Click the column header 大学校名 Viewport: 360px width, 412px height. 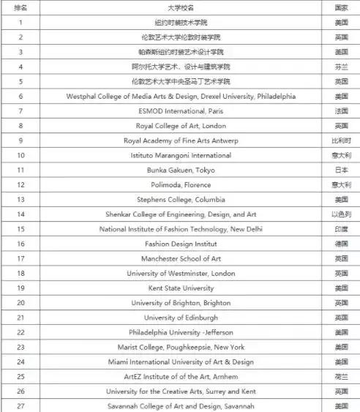179,7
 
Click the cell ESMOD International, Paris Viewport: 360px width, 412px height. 180,111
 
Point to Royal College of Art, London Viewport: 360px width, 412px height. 180,125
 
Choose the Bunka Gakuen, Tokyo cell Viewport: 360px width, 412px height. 180,170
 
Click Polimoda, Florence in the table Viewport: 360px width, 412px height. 180,184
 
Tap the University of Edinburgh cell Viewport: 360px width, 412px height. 180,318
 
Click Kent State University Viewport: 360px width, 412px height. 180,288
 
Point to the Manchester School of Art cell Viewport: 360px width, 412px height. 180,258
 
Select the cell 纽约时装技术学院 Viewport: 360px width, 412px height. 180,22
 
